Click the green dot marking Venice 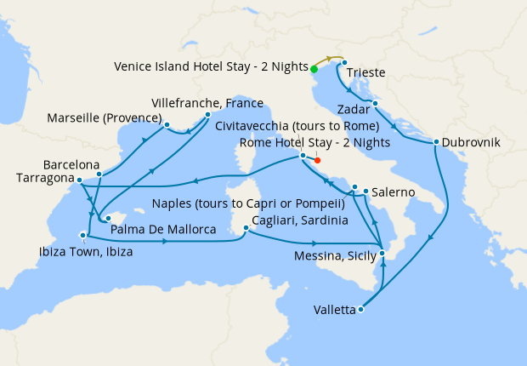tap(314, 70)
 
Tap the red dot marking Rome tap(317, 160)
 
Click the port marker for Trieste tap(345, 62)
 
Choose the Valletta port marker tap(361, 310)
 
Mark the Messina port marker tap(382, 254)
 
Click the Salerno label tap(393, 193)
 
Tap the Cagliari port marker tap(246, 227)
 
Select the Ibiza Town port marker tap(82, 236)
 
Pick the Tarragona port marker tap(78, 180)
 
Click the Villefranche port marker tap(207, 113)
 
